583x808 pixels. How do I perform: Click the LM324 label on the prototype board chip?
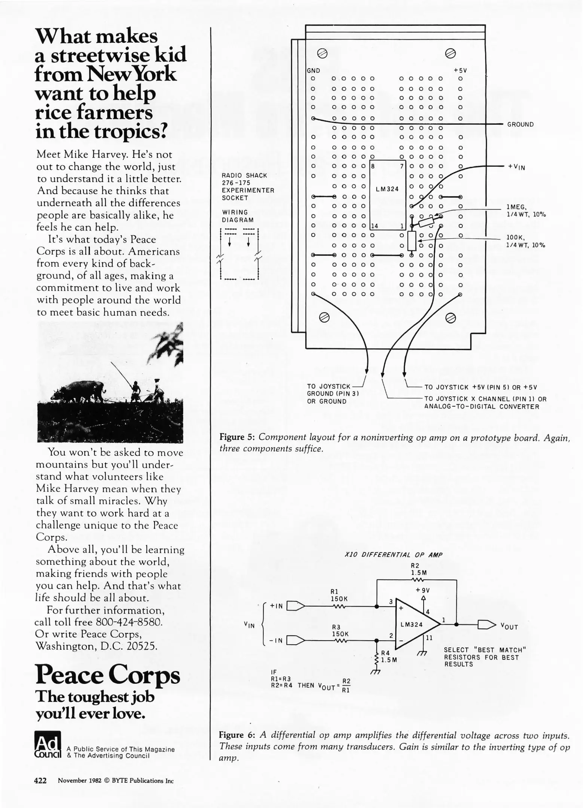click(x=387, y=189)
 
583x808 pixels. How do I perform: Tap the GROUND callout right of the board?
click(x=520, y=125)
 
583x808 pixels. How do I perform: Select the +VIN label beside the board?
click(x=516, y=167)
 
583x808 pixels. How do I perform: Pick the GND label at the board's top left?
click(x=313, y=71)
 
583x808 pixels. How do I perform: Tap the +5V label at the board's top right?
click(x=460, y=71)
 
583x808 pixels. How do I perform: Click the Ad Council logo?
click(x=48, y=744)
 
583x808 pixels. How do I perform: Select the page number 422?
click(x=40, y=780)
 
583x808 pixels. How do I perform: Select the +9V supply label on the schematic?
click(x=423, y=590)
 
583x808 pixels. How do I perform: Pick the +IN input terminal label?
click(x=276, y=606)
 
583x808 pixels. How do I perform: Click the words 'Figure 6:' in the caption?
click(x=236, y=735)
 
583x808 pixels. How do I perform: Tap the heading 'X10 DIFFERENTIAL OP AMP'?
click(x=393, y=555)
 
